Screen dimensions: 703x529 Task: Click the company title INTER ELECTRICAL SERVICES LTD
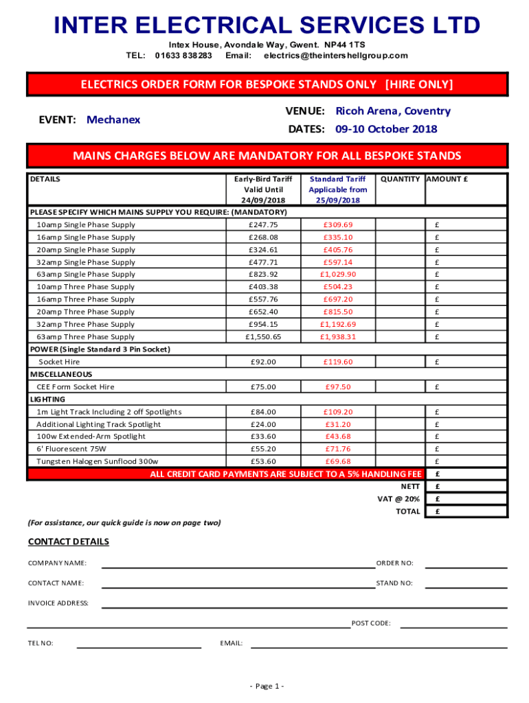tap(267, 25)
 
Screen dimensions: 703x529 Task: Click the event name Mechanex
tap(113, 119)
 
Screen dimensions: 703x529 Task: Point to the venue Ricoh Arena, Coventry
tap(393, 111)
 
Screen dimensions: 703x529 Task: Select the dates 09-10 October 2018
tap(386, 129)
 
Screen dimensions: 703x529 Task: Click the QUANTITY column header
tap(400, 179)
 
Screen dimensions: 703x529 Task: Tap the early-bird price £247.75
tap(264, 225)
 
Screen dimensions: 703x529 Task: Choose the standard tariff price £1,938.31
tap(337, 337)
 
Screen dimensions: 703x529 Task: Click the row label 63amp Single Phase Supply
tap(86, 275)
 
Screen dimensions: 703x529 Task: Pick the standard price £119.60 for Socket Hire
tap(337, 362)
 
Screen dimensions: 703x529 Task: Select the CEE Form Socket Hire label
tap(76, 387)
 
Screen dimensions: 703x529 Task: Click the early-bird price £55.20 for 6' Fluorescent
tap(264, 449)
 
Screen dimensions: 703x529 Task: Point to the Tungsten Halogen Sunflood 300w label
tap(97, 461)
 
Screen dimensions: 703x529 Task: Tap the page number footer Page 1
tap(267, 687)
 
